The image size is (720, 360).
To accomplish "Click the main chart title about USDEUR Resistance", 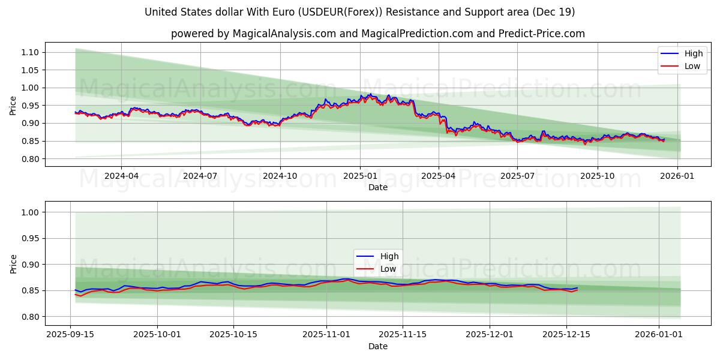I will (360, 12).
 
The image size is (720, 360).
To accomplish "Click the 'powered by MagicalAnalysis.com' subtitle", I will (378, 34).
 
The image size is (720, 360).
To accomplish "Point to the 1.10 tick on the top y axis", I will (29, 52).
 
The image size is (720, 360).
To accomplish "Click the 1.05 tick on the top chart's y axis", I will (29, 70).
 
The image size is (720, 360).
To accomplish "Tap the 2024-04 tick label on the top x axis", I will (121, 176).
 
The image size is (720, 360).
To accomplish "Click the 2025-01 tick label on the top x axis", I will (360, 176).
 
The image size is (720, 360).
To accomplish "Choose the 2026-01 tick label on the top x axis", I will (677, 176).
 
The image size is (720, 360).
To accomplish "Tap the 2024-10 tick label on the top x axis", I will (280, 176).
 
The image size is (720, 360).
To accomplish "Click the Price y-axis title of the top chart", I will (13, 106).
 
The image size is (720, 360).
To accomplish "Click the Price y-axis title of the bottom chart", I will (13, 264).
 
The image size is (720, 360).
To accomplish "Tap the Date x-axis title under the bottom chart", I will (378, 346).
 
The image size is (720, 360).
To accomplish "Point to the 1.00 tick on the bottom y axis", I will (29, 212).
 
